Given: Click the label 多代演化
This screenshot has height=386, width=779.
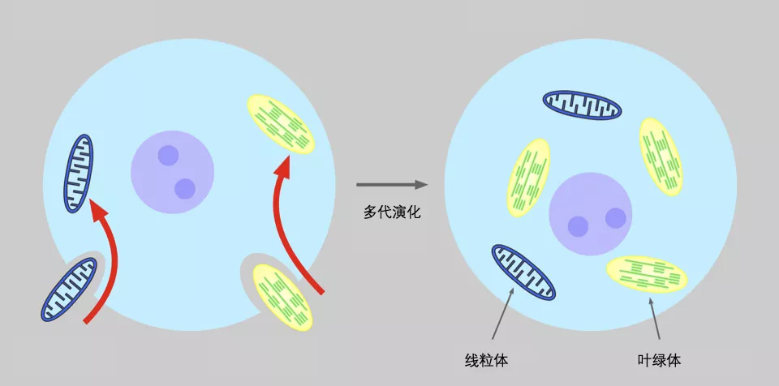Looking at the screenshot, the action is (x=392, y=212).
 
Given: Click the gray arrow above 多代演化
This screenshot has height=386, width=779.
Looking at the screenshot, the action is (x=392, y=185).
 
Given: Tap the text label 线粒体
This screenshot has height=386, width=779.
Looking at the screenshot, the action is (x=486, y=360).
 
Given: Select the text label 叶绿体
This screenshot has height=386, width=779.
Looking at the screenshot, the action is (x=659, y=360).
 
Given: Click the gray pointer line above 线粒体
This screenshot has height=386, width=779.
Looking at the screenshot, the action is (x=503, y=314).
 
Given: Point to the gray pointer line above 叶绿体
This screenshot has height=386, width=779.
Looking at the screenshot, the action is (x=654, y=318).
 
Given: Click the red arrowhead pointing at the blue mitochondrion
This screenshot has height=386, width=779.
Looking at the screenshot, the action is (x=98, y=210).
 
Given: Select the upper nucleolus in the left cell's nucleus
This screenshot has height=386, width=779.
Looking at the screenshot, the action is (x=169, y=156).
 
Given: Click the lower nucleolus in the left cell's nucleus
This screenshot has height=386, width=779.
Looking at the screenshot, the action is (x=185, y=189).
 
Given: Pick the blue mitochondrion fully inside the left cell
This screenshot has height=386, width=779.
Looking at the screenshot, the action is (x=79, y=174).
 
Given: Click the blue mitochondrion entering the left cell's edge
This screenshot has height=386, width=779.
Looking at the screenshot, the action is (x=69, y=289).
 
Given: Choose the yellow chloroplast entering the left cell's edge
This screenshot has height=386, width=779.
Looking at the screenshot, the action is (x=282, y=297).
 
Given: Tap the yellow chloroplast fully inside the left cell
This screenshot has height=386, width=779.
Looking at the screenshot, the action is (x=281, y=124).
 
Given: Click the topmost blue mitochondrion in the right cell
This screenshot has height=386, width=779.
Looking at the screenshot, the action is (x=582, y=105).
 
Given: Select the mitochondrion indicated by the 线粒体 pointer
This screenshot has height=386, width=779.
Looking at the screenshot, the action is (x=523, y=272).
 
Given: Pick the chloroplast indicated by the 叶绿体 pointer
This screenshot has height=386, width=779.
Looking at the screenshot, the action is (x=647, y=274).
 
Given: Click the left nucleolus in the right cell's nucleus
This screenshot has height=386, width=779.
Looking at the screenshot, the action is (x=579, y=226).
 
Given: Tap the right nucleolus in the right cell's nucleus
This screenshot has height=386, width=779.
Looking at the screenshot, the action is (x=616, y=218).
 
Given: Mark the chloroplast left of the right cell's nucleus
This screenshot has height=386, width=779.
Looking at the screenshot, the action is (x=528, y=178).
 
